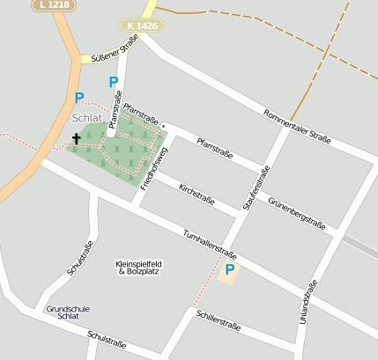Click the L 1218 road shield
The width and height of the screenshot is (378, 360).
click(53, 5)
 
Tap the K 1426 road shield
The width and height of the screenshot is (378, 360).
click(143, 26)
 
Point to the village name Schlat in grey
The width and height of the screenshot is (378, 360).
click(87, 118)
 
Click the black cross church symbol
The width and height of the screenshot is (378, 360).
click(76, 138)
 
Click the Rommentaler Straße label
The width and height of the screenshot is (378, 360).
click(298, 126)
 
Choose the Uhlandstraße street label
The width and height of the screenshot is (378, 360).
click(309, 302)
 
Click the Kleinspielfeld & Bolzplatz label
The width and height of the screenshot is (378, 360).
click(139, 267)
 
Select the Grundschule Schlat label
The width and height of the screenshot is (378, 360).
click(68, 312)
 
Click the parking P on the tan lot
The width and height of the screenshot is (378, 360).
click(230, 269)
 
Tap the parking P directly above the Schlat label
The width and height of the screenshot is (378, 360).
click(79, 98)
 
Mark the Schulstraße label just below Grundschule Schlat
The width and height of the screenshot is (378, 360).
click(107, 339)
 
